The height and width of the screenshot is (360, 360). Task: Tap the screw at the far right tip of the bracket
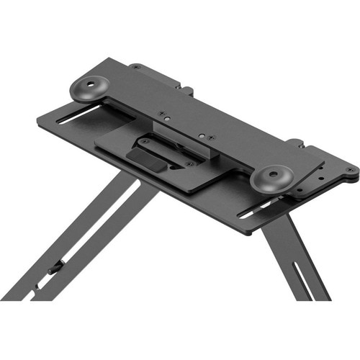[348, 170]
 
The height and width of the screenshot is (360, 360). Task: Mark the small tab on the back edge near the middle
[188, 91]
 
